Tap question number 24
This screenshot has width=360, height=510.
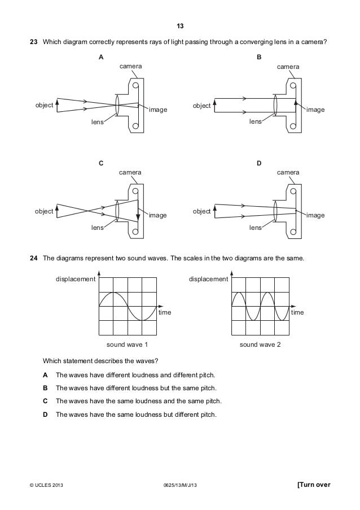pos(33,258)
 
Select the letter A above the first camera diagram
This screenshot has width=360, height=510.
pos(101,58)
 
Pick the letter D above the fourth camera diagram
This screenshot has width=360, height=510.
pos(259,163)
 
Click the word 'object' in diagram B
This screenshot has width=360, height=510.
pos(202,106)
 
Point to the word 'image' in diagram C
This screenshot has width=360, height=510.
pos(158,215)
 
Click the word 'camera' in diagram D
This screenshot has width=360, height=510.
pos(288,172)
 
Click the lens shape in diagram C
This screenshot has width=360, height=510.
pos(117,211)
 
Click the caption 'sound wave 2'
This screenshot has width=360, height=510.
pos(260,344)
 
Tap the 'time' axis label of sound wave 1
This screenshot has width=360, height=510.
pos(165,312)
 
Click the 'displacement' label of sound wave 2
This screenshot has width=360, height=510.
pos(209,279)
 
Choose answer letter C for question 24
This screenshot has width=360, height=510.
pos(45,401)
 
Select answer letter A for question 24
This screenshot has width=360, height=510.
pos(45,375)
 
